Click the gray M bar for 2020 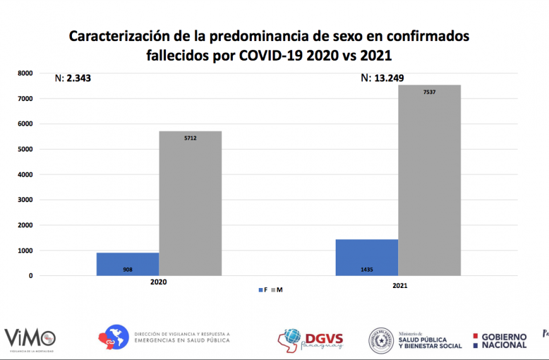click(x=190, y=203)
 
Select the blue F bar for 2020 click(x=127, y=264)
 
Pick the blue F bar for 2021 click(x=367, y=257)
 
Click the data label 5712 click(x=190, y=138)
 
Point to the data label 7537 click(x=429, y=92)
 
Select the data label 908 click(x=127, y=269)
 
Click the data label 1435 click(x=367, y=269)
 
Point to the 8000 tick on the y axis click(x=25, y=73)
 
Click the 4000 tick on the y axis click(x=25, y=174)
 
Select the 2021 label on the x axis click(x=399, y=286)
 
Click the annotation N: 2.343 click(x=74, y=79)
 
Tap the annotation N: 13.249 click(x=382, y=79)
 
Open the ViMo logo click(x=30, y=338)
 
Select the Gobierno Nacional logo click(x=500, y=341)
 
